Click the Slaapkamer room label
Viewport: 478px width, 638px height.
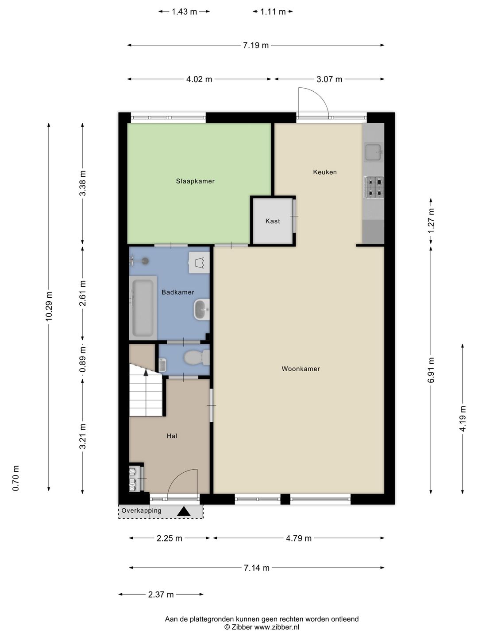click(195, 181)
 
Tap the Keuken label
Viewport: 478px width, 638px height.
click(325, 172)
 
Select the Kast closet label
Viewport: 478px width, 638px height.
click(273, 221)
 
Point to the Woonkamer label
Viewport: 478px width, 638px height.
click(301, 369)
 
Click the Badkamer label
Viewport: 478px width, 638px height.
click(178, 292)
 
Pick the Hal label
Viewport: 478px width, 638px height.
click(172, 436)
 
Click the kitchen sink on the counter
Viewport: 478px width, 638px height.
click(374, 152)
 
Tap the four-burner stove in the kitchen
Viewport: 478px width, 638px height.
click(374, 187)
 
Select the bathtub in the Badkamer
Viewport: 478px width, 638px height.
click(143, 307)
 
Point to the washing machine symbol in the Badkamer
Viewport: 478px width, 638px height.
click(199, 262)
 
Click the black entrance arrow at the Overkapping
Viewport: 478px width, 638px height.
click(184, 511)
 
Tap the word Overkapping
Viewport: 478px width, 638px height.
click(141, 510)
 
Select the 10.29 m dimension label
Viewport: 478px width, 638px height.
click(49, 306)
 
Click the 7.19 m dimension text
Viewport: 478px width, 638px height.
click(256, 45)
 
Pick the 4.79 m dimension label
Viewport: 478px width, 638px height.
click(299, 538)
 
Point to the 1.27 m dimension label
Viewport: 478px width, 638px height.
click(431, 220)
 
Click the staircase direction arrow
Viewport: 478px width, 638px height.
click(146, 372)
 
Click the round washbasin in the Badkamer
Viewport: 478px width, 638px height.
click(202, 310)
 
